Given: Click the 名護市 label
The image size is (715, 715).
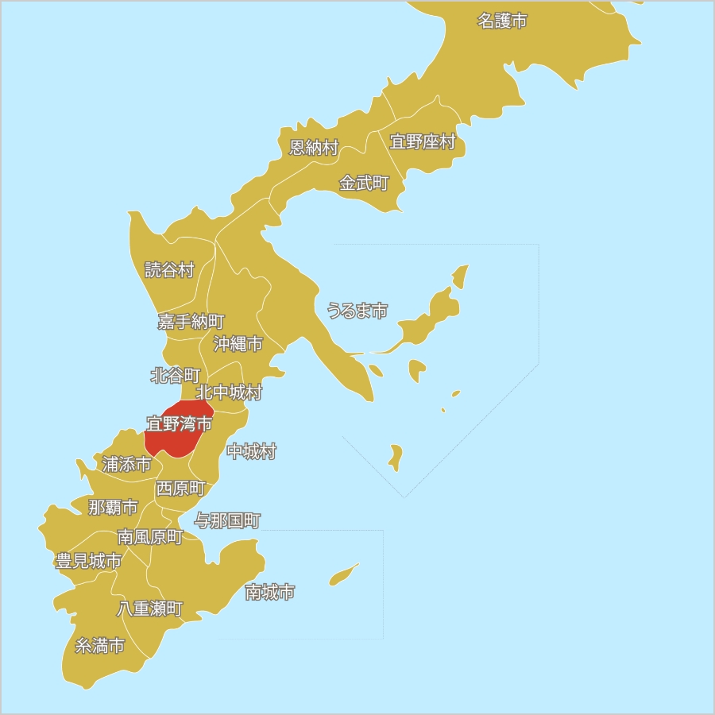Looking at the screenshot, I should (x=502, y=21).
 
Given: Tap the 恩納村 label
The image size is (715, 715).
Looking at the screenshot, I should (x=314, y=147).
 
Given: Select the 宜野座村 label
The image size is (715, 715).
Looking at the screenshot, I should (x=423, y=142).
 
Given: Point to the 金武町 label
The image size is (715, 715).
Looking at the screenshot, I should (x=364, y=184).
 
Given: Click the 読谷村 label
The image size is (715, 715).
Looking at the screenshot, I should (x=169, y=270).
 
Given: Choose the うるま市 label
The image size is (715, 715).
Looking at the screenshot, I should (x=357, y=311).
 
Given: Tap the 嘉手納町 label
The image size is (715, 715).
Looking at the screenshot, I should (x=191, y=322).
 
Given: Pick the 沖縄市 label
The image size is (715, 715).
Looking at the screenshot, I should (x=238, y=344).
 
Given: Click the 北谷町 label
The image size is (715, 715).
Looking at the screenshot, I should (x=176, y=376).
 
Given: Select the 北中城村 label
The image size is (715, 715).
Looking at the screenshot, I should (x=229, y=392).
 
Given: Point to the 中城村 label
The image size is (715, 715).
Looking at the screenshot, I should (x=252, y=452).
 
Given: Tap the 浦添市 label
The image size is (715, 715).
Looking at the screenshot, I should (x=126, y=465).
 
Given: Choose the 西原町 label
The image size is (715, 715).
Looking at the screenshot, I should (x=181, y=489).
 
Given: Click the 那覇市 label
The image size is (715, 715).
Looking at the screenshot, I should (x=113, y=508).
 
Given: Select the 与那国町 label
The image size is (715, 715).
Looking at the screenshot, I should (x=228, y=521).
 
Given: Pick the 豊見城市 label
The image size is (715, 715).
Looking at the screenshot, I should (x=89, y=562).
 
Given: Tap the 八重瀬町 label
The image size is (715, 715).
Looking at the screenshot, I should (x=150, y=609).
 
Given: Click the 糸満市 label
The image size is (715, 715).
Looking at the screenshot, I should (x=100, y=646).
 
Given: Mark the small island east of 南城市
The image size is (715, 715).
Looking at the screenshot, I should (x=343, y=575).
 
